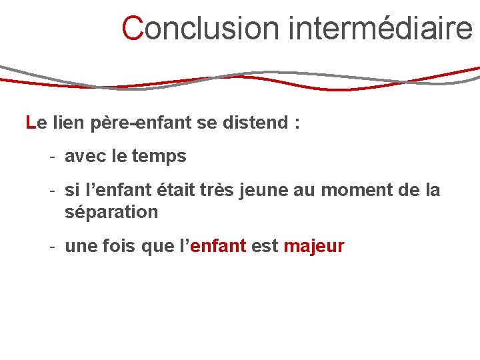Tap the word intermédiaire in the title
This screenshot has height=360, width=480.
coord(381,29)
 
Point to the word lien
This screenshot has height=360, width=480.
coord(67,123)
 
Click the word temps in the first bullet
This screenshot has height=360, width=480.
coord(159,157)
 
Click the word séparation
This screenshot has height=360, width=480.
coord(111,213)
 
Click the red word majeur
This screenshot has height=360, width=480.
coord(314,247)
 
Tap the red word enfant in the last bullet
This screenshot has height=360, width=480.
coord(219,247)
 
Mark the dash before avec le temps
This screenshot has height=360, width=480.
coord(51,157)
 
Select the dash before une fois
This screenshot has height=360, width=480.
coord(51,247)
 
